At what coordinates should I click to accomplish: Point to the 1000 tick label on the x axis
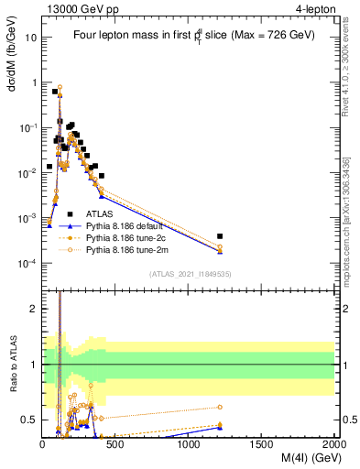[189, 445]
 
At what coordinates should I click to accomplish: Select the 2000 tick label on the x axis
[333, 445]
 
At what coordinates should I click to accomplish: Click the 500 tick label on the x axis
[115, 445]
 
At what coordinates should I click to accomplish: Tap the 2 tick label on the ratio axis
[34, 309]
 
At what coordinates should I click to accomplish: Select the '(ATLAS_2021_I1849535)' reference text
[189, 273]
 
